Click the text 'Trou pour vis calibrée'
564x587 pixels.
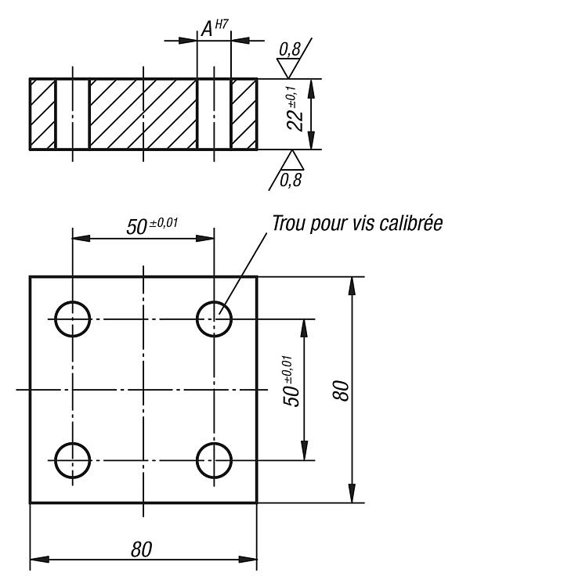coord(357,224)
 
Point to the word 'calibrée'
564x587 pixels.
coord(410,223)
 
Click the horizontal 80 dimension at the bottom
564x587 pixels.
coord(142,549)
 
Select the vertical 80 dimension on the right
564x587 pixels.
coord(341,391)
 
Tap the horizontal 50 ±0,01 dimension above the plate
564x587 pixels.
coord(152,225)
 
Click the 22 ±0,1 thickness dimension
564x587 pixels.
coord(295,110)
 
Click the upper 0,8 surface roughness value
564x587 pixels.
coord(290,49)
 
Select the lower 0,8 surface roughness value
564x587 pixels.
coord(291,181)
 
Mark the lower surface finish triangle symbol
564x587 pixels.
coord(292,160)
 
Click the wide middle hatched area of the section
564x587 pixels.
coord(143,113)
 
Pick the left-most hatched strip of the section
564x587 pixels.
coord(43,113)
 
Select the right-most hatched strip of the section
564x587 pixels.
coord(244,113)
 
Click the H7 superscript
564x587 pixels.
coord(222,25)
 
